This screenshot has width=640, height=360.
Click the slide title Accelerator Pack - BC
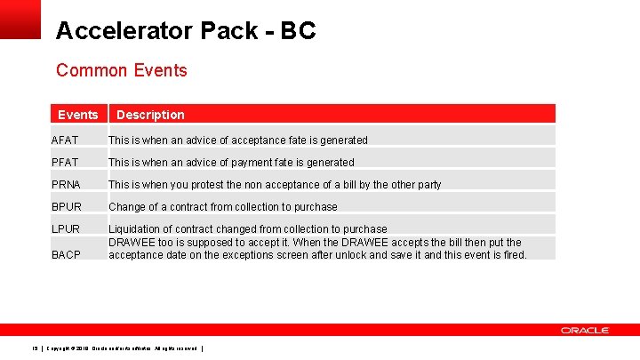click(185, 31)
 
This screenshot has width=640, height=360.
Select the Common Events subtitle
click(121, 70)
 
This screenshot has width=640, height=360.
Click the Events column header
click(77, 115)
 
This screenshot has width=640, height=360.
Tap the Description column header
click(150, 115)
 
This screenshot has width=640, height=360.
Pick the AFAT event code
click(66, 140)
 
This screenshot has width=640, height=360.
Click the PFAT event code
click(66, 163)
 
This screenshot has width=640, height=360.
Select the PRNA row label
click(67, 185)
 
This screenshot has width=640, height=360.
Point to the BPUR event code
click(67, 207)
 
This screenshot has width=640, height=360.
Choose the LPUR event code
click(67, 229)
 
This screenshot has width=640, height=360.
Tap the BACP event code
click(67, 255)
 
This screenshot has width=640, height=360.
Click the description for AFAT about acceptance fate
click(237, 140)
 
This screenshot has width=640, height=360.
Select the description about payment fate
click(231, 163)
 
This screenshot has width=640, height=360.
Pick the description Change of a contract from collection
click(222, 207)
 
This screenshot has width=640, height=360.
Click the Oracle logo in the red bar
click(584, 330)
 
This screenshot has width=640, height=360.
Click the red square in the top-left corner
click(20, 19)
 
